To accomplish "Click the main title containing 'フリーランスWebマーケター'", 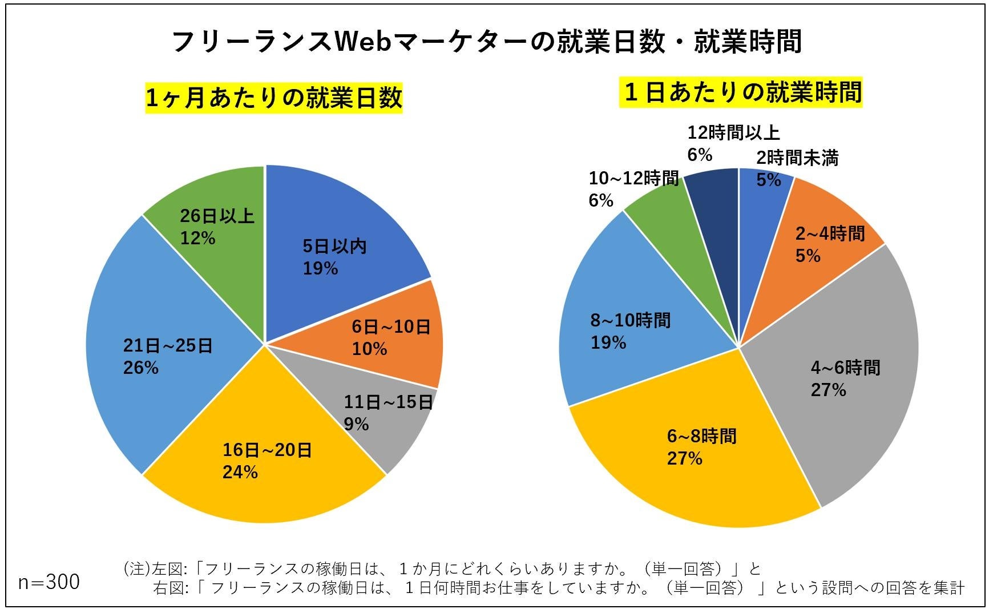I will click(x=486, y=41).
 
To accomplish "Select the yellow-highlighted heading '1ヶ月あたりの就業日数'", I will click(x=274, y=98).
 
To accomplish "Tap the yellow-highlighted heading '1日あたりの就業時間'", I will click(x=741, y=92).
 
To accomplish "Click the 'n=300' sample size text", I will click(x=49, y=582).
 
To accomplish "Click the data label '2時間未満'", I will click(x=797, y=158).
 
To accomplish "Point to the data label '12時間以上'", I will click(x=733, y=133).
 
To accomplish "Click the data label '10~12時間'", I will click(x=633, y=179).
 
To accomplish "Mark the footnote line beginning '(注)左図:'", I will click(x=442, y=568).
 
